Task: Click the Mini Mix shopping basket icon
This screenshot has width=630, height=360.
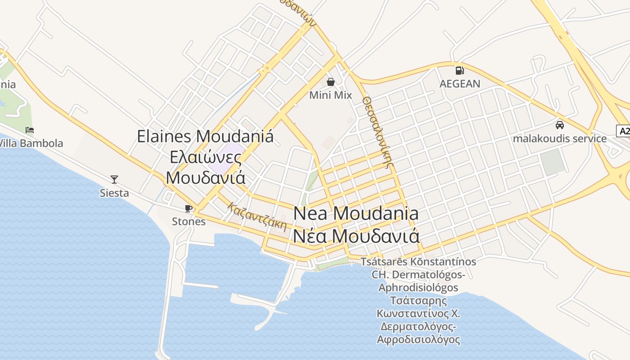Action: click(x=331, y=82)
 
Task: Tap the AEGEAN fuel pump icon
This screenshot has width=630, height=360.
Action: click(x=459, y=70)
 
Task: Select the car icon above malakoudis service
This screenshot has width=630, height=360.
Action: click(x=560, y=125)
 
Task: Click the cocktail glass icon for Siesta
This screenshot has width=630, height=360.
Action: click(x=114, y=180)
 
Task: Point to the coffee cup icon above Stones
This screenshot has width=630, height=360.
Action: click(x=189, y=208)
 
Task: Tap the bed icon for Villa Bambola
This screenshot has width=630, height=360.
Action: click(x=30, y=130)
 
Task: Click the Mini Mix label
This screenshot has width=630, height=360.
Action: click(x=330, y=95)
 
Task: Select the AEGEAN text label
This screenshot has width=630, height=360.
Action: click(x=459, y=84)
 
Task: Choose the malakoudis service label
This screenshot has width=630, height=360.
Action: click(x=560, y=138)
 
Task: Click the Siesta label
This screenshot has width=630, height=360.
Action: click(x=114, y=193)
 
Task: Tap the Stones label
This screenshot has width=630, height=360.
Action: click(x=189, y=221)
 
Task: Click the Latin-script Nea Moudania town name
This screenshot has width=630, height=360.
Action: click(x=356, y=213)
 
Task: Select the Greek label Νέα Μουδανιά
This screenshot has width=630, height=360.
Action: click(x=356, y=236)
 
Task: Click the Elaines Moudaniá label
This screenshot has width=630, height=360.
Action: click(x=205, y=136)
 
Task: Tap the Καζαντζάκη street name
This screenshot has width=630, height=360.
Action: click(x=257, y=216)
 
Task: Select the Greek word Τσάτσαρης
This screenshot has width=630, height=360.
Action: click(x=418, y=301)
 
